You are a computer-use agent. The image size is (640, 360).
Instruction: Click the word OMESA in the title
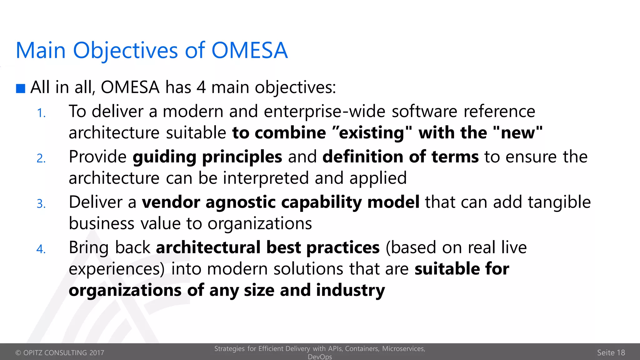[x=249, y=50]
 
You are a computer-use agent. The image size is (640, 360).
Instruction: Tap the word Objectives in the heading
[x=126, y=51]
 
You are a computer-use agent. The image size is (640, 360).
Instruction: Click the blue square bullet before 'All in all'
[x=21, y=88]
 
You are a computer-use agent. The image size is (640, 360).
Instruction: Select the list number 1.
[x=41, y=113]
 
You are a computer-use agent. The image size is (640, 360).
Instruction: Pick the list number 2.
[x=41, y=159]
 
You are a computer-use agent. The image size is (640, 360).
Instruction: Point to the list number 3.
[x=41, y=204]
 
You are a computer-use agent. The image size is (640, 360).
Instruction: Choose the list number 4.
[x=41, y=249]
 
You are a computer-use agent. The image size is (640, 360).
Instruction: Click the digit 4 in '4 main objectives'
[x=201, y=87]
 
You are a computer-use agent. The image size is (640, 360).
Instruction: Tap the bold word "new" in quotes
[x=518, y=132]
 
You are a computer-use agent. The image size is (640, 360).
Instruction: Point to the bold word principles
[x=242, y=157]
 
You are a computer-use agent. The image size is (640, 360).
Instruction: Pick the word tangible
[x=559, y=202]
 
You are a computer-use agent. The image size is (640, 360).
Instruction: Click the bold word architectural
[x=208, y=247]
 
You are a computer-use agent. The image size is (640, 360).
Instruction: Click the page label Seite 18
[x=611, y=353]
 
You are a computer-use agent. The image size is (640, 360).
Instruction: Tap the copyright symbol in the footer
[x=18, y=353]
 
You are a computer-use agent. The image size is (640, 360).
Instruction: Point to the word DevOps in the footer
[x=320, y=357]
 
